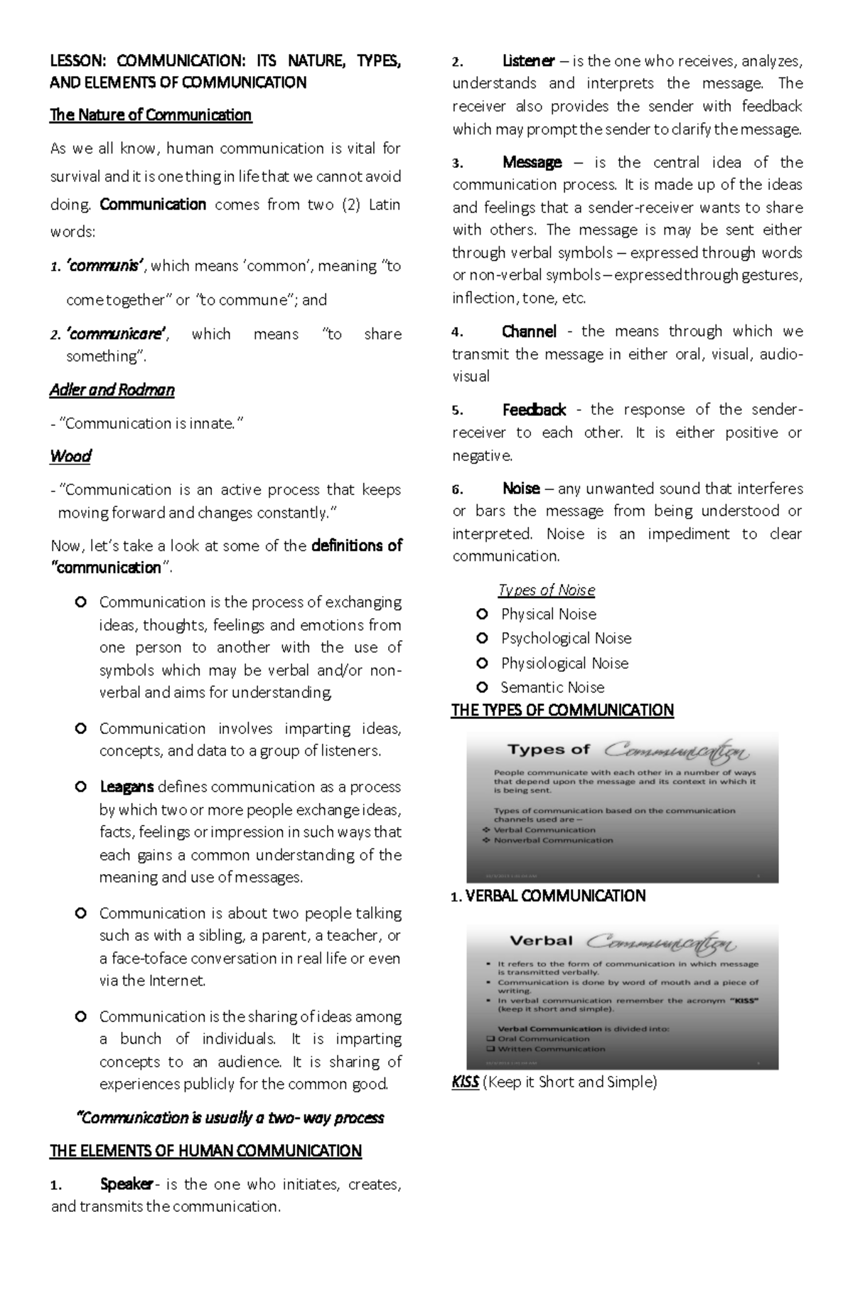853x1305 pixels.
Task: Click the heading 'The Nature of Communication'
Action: (x=151, y=115)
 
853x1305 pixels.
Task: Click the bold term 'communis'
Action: (x=106, y=266)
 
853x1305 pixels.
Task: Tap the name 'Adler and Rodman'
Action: (x=112, y=390)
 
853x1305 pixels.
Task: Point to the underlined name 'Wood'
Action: (x=70, y=456)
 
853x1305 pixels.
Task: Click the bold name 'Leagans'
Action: (x=127, y=787)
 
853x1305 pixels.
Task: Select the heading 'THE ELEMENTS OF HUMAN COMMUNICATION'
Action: (x=205, y=1151)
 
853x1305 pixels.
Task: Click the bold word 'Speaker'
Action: (x=127, y=1184)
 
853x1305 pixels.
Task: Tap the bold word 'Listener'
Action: (x=528, y=61)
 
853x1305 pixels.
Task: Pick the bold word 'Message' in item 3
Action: (x=532, y=162)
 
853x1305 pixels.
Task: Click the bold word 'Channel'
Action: (x=529, y=331)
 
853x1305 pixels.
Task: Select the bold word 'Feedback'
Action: (x=534, y=410)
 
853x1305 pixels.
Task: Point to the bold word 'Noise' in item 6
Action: (x=521, y=489)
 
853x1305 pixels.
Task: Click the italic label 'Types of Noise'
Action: (x=546, y=590)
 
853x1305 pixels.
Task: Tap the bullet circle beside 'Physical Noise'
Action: (x=483, y=614)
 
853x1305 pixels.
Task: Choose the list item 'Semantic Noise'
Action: (x=552, y=687)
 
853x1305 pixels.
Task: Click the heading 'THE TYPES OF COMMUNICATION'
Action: (x=562, y=710)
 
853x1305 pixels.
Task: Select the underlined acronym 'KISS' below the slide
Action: (x=465, y=1082)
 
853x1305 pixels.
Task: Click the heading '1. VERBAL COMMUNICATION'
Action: (x=549, y=896)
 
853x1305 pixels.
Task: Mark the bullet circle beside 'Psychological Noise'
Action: (x=483, y=638)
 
